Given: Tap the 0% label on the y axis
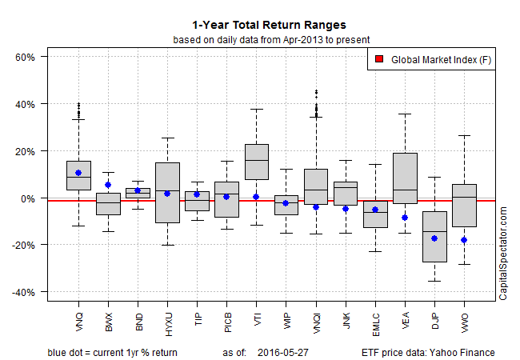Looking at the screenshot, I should [34, 198].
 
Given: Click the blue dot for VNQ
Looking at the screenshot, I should [78, 173].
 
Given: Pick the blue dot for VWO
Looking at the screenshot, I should [464, 240].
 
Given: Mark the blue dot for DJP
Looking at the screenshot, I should [434, 238].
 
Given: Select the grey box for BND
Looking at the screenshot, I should [138, 192].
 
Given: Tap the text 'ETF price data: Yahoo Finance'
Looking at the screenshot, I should [427, 352].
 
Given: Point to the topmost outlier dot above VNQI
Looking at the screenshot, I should [316, 91].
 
